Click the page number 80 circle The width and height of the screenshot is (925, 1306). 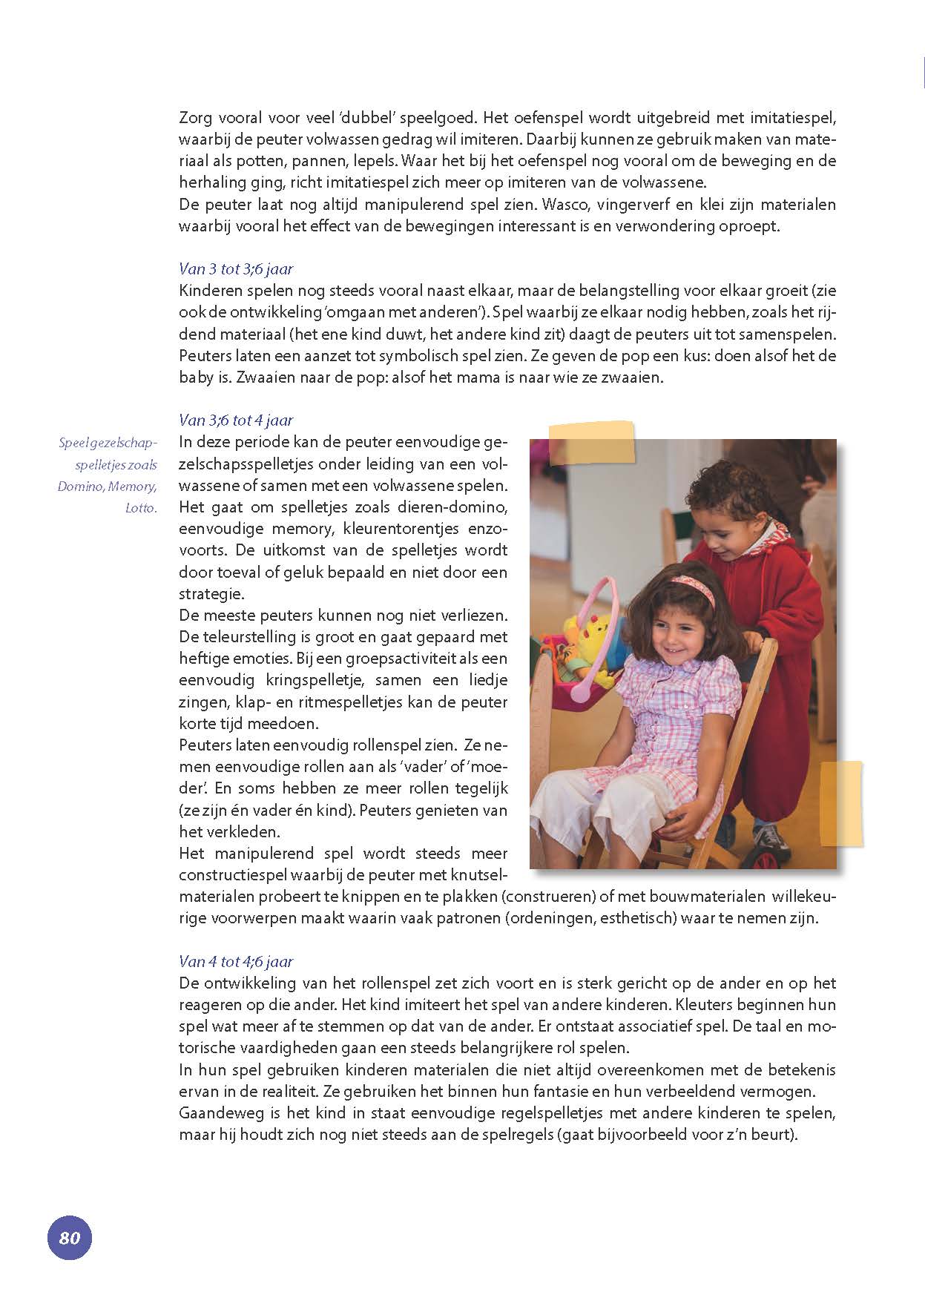point(69,1238)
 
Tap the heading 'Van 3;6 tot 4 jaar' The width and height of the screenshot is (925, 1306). point(236,421)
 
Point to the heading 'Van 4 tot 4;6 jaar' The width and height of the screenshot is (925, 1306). point(236,962)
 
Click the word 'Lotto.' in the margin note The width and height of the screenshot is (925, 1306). point(142,509)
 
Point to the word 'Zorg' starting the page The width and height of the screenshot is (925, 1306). point(195,118)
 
